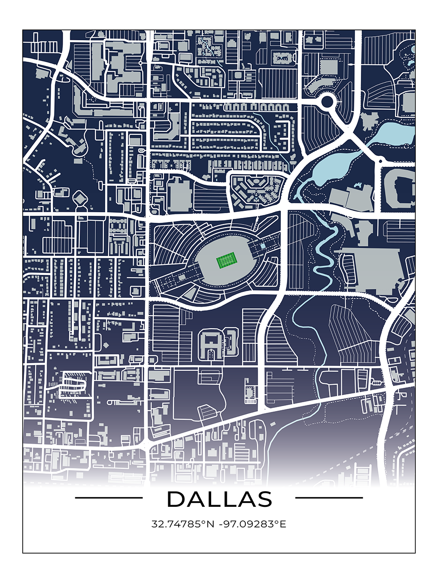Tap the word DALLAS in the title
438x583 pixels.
pyautogui.click(x=219, y=499)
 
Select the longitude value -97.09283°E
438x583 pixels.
pyautogui.click(x=253, y=524)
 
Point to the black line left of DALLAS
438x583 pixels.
pyautogui.click(x=109, y=498)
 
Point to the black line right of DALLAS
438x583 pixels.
pyautogui.click(x=329, y=498)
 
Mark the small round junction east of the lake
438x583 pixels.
pyautogui.click(x=380, y=162)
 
